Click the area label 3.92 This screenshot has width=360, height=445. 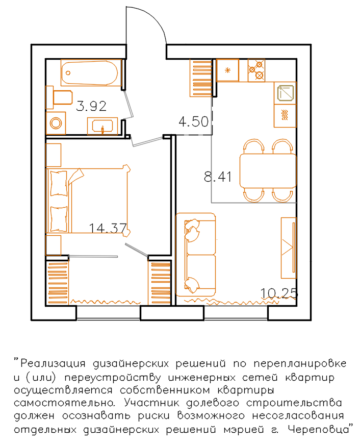click(91, 106)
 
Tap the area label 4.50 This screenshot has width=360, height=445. click(194, 121)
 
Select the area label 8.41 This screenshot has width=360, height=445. click(218, 177)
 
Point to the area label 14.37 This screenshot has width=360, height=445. click(108, 228)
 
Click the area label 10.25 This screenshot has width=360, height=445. click(279, 293)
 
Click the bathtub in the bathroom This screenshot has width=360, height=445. click(91, 72)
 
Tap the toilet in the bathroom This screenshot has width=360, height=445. click(59, 97)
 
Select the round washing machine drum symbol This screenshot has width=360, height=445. click(56, 123)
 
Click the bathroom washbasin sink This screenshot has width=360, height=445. click(102, 126)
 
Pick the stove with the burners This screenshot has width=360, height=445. click(256, 70)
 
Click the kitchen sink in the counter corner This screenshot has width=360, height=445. click(285, 93)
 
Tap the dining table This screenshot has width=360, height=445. click(268, 171)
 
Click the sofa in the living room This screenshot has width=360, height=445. click(196, 255)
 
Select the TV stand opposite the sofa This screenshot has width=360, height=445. click(289, 248)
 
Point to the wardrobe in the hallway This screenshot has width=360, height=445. click(201, 78)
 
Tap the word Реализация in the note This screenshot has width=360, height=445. click(53, 363)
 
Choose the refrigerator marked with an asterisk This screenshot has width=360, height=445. click(227, 70)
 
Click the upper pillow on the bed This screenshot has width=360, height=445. click(59, 183)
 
